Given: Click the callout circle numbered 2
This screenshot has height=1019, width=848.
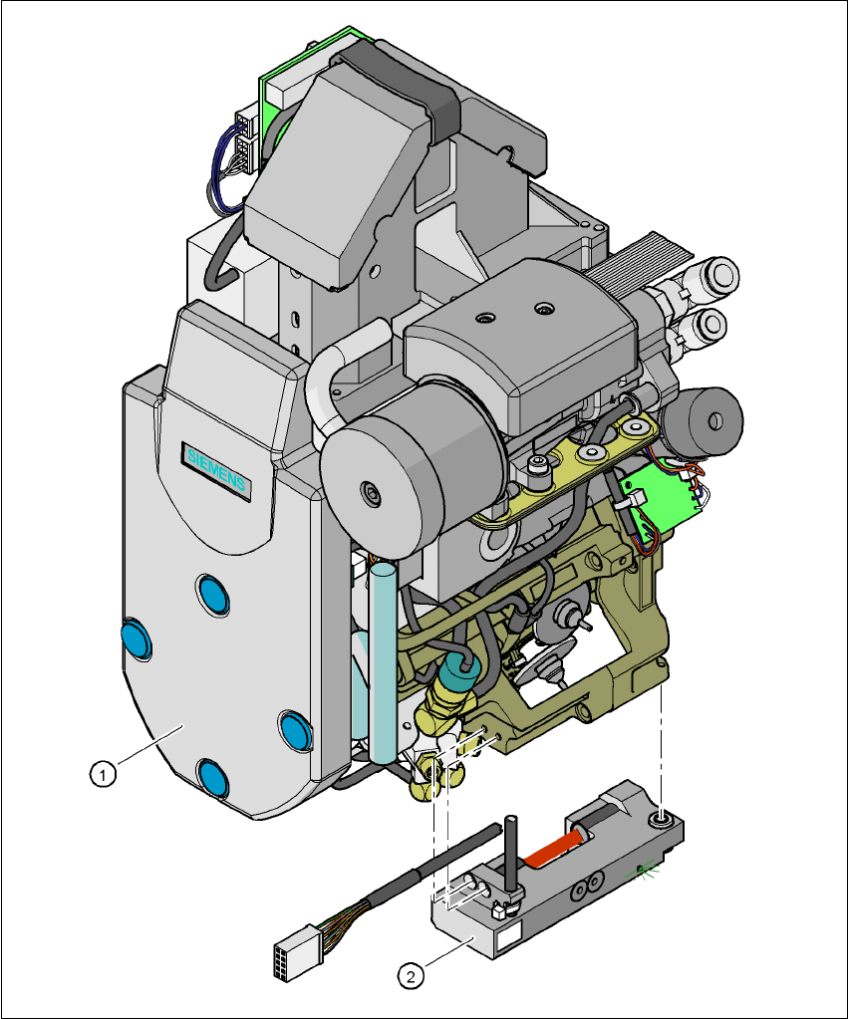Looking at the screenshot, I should coord(409,975).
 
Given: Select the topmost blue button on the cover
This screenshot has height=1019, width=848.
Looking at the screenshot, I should coord(212,595).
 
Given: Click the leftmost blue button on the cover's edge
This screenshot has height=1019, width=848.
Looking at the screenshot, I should coord(137,637).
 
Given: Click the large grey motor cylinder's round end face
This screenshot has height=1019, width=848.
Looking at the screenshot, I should coord(370,491).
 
